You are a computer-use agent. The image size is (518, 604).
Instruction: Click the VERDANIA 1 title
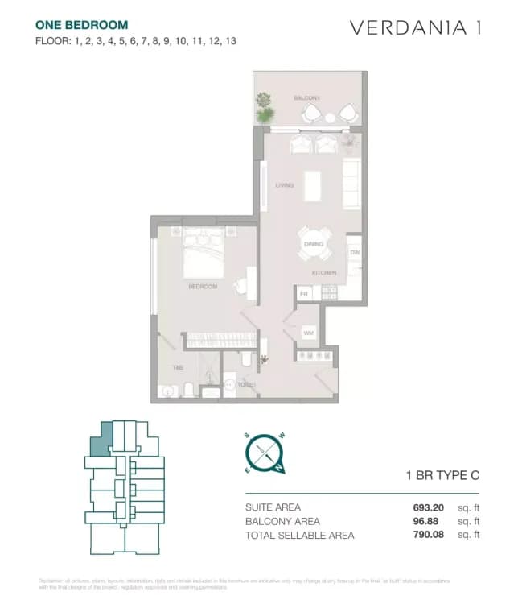pos(416,27)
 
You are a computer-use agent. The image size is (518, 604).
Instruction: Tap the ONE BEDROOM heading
pos(70,26)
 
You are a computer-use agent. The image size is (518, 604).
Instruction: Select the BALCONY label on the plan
pos(306,98)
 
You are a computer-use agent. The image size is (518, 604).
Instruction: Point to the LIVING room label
pos(284,185)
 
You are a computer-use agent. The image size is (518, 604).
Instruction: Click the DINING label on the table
pos(313,244)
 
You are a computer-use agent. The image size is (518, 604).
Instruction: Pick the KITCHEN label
pos(324,273)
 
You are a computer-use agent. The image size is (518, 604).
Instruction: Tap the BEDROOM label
pos(202,286)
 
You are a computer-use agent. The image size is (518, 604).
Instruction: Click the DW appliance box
pos(354,252)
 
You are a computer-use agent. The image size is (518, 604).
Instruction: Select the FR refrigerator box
pos(304,294)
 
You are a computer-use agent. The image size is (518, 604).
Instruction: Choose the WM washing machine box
pos(309,333)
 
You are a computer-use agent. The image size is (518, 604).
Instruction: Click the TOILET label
pos(246,385)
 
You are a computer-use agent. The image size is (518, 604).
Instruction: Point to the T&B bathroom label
pos(179,368)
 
